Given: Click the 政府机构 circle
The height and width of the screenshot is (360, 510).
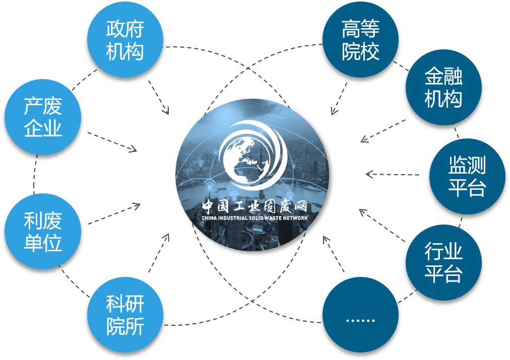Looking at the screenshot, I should click(125, 40).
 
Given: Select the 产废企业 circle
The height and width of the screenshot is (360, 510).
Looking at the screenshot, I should click(43, 117).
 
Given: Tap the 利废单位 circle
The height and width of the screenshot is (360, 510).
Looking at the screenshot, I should click(43, 232).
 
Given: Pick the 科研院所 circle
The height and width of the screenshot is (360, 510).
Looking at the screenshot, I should click(125, 315).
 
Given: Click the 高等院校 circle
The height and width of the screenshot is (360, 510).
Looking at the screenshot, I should click(360, 40).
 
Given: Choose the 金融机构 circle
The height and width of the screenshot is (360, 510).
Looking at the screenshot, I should click(443, 88).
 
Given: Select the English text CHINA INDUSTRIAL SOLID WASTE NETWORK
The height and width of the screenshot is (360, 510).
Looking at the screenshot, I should click(254, 218).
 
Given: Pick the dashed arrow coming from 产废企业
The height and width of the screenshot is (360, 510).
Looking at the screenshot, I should click(112, 141).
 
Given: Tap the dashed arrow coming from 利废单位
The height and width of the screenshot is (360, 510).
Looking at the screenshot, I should click(113, 214).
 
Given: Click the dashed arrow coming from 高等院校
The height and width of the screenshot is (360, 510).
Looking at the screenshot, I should click(339, 96).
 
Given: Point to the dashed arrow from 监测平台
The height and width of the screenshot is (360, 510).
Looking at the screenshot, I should click(393, 175).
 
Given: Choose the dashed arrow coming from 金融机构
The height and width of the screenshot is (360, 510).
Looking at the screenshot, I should click(383, 131).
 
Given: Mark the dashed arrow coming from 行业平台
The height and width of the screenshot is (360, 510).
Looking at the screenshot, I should click(383, 225).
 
